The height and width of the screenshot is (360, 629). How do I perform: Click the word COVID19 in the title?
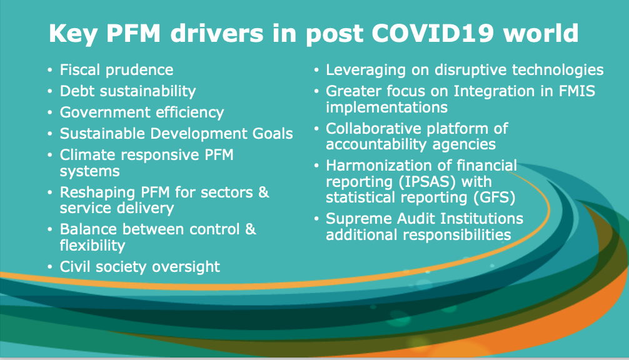pyautogui.click(x=433, y=33)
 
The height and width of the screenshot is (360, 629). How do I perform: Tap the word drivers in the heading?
pyautogui.click(x=217, y=33)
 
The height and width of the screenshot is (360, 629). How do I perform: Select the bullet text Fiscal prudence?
pyautogui.click(x=116, y=70)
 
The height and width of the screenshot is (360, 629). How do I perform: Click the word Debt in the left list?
pyautogui.click(x=78, y=91)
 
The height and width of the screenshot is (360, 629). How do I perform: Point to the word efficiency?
pyautogui.click(x=189, y=112)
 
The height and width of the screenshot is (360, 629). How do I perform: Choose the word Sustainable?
pyautogui.click(x=103, y=134)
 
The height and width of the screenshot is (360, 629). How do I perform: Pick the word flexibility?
pyautogui.click(x=93, y=246)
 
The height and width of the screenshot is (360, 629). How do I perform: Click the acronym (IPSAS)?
pyautogui.click(x=427, y=182)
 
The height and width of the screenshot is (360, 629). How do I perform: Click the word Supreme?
pyautogui.click(x=359, y=219)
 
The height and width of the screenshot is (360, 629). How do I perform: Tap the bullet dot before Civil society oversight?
pyautogui.click(x=50, y=267)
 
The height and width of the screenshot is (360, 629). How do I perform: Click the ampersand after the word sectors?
pyautogui.click(x=263, y=192)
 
